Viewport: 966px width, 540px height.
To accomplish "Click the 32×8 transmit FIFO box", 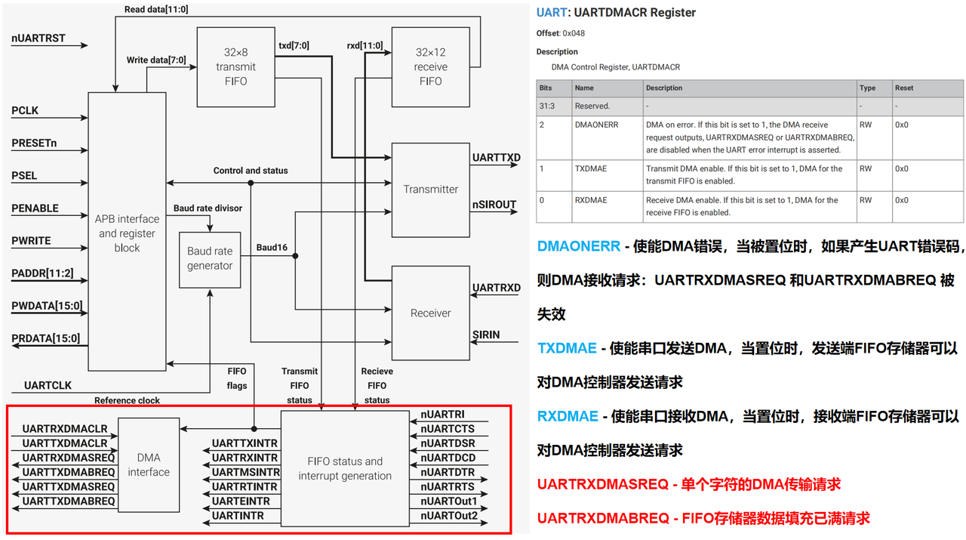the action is pos(235,67).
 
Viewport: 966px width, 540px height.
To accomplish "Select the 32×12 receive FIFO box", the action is pos(430,67).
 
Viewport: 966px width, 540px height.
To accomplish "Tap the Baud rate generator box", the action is pos(210,260).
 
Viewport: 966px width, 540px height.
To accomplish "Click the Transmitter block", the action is pos(430,190).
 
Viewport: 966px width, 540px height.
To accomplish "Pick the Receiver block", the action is pos(430,313).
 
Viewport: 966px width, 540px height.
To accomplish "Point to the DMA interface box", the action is pos(149,465).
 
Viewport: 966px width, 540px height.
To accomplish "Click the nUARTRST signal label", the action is pos(38,39).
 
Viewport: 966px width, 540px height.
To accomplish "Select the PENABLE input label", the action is pos(35,208).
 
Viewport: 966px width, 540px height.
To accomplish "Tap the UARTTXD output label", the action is pos(496,158).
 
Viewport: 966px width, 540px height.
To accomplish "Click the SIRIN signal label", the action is pos(486,335).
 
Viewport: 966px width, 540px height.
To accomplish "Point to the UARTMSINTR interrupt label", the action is pos(246,472).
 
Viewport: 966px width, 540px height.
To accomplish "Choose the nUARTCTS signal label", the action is pos(448,429).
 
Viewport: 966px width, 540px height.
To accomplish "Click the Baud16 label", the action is pos(272,247).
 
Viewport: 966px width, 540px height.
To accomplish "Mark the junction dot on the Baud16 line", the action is pos(295,256).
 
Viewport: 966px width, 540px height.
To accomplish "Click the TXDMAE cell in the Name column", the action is pos(591,168).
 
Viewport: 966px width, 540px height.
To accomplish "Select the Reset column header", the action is pos(904,88).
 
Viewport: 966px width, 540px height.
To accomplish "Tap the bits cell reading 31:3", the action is pos(547,106).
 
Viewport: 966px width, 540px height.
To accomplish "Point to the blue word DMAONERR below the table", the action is pos(578,246).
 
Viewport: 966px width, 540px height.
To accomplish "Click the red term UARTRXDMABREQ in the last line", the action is pos(603,518).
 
